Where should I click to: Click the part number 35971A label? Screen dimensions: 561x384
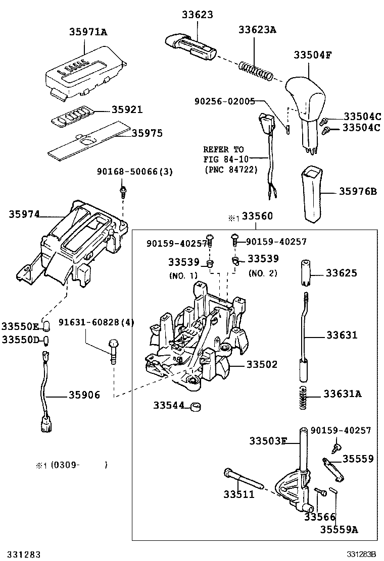[x=88, y=33]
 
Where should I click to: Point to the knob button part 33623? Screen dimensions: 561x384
[x=190, y=45]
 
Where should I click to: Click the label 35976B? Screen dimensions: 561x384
[x=358, y=191]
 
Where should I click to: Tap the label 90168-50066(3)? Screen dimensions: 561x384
[x=135, y=172]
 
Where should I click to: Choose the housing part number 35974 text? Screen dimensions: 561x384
[x=24, y=213]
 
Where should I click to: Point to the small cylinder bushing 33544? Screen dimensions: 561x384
[x=195, y=406]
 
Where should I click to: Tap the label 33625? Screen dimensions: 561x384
[x=342, y=273]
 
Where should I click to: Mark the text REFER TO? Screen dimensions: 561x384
[x=223, y=150]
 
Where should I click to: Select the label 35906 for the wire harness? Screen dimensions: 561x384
[x=84, y=395]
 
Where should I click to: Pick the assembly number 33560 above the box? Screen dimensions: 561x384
[x=257, y=217]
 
